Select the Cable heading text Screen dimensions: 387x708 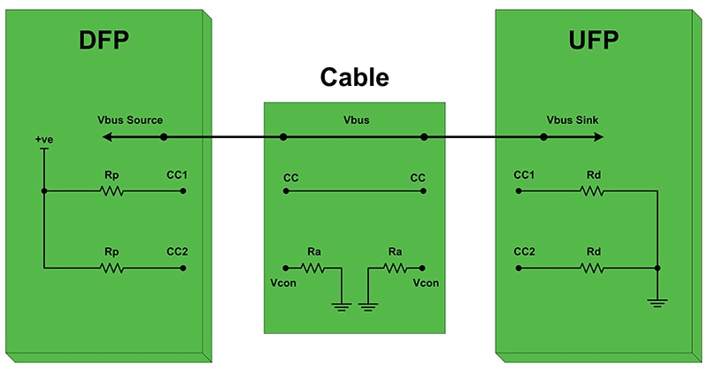[353, 78]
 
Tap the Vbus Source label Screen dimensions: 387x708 [130, 120]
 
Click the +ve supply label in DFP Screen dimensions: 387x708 [44, 140]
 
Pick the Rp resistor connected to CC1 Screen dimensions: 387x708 [112, 190]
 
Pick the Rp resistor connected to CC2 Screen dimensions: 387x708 [112, 267]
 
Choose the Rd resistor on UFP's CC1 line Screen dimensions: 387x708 [592, 190]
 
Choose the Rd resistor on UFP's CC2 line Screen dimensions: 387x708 [592, 267]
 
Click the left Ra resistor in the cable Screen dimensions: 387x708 [313, 267]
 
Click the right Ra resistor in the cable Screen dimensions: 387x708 [395, 267]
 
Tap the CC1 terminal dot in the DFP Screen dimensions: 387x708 [184, 190]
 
